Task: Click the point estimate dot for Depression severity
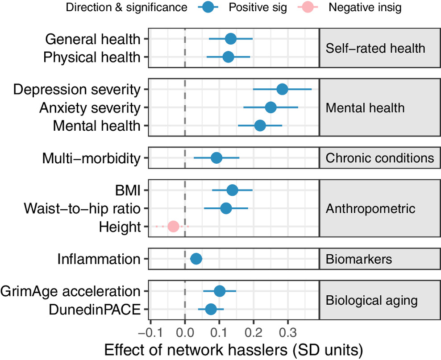(x=282, y=89)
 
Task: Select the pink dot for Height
(x=173, y=227)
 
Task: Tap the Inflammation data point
(x=196, y=259)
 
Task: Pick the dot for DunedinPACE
(x=211, y=309)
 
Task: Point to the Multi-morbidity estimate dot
(x=216, y=158)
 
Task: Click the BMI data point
(x=232, y=190)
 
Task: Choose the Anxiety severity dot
(x=270, y=108)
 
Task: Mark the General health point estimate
(x=230, y=39)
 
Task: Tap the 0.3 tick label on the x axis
(x=288, y=333)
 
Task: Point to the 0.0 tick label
(x=185, y=333)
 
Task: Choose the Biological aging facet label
(x=372, y=300)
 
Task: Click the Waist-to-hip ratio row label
(x=83, y=209)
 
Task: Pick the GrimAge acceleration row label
(x=71, y=291)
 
